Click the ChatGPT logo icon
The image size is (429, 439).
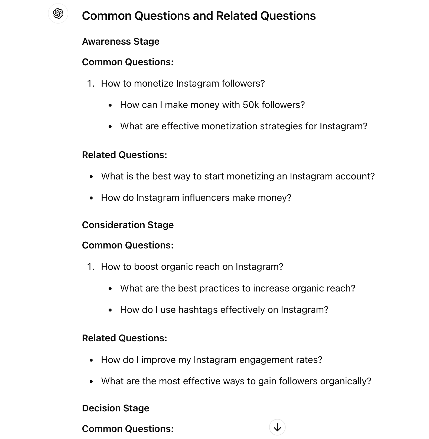58,14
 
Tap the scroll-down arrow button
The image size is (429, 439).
277,427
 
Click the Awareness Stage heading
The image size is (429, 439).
121,41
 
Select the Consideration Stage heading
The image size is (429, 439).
128,225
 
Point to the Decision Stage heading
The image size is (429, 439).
115,408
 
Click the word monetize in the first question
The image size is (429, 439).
154,83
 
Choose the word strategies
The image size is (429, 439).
277,126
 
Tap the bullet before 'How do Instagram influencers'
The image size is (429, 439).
91,198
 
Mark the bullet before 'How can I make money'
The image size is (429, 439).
110,105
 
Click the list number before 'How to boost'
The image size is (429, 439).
91,267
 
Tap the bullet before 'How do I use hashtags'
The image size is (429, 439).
110,310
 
